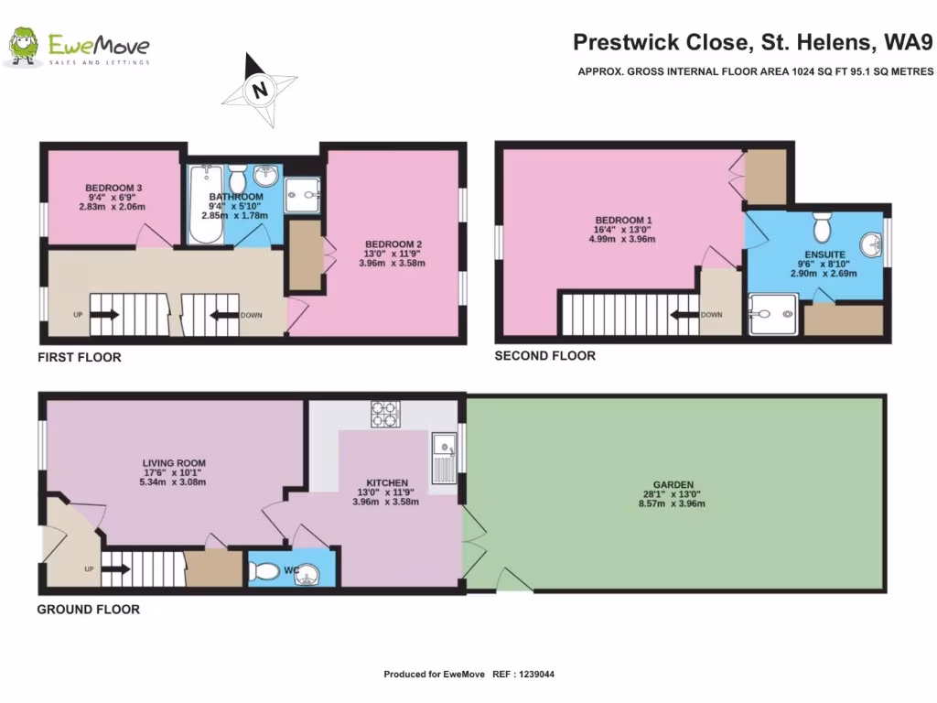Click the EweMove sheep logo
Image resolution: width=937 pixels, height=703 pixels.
coord(23,46)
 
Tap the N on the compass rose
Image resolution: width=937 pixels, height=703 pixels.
coord(260,91)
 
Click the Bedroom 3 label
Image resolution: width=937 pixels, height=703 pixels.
coord(113,188)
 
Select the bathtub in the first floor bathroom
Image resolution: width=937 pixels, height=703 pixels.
coord(205,204)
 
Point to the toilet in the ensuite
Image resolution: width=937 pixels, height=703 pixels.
coord(823,225)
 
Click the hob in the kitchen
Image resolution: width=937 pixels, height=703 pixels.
coord(385,415)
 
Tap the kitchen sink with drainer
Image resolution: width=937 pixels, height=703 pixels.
coord(444,459)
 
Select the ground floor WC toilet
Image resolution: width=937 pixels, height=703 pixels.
coord(264,572)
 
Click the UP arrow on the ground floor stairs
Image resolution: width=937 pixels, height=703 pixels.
coord(115,569)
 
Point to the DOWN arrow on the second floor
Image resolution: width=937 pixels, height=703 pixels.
coord(684,315)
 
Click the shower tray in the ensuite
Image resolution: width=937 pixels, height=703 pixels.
coord(772,313)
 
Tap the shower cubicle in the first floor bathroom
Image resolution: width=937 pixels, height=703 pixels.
coord(302,195)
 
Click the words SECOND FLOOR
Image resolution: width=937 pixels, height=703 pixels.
coord(545,356)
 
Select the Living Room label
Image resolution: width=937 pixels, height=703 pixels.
coord(174,463)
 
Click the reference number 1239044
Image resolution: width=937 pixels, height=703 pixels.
coord(536,675)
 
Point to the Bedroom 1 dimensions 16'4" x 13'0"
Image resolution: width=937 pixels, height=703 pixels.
coord(622,230)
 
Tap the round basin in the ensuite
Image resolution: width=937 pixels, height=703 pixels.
coord(871,245)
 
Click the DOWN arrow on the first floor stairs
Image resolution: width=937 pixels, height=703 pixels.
coord(223,315)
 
